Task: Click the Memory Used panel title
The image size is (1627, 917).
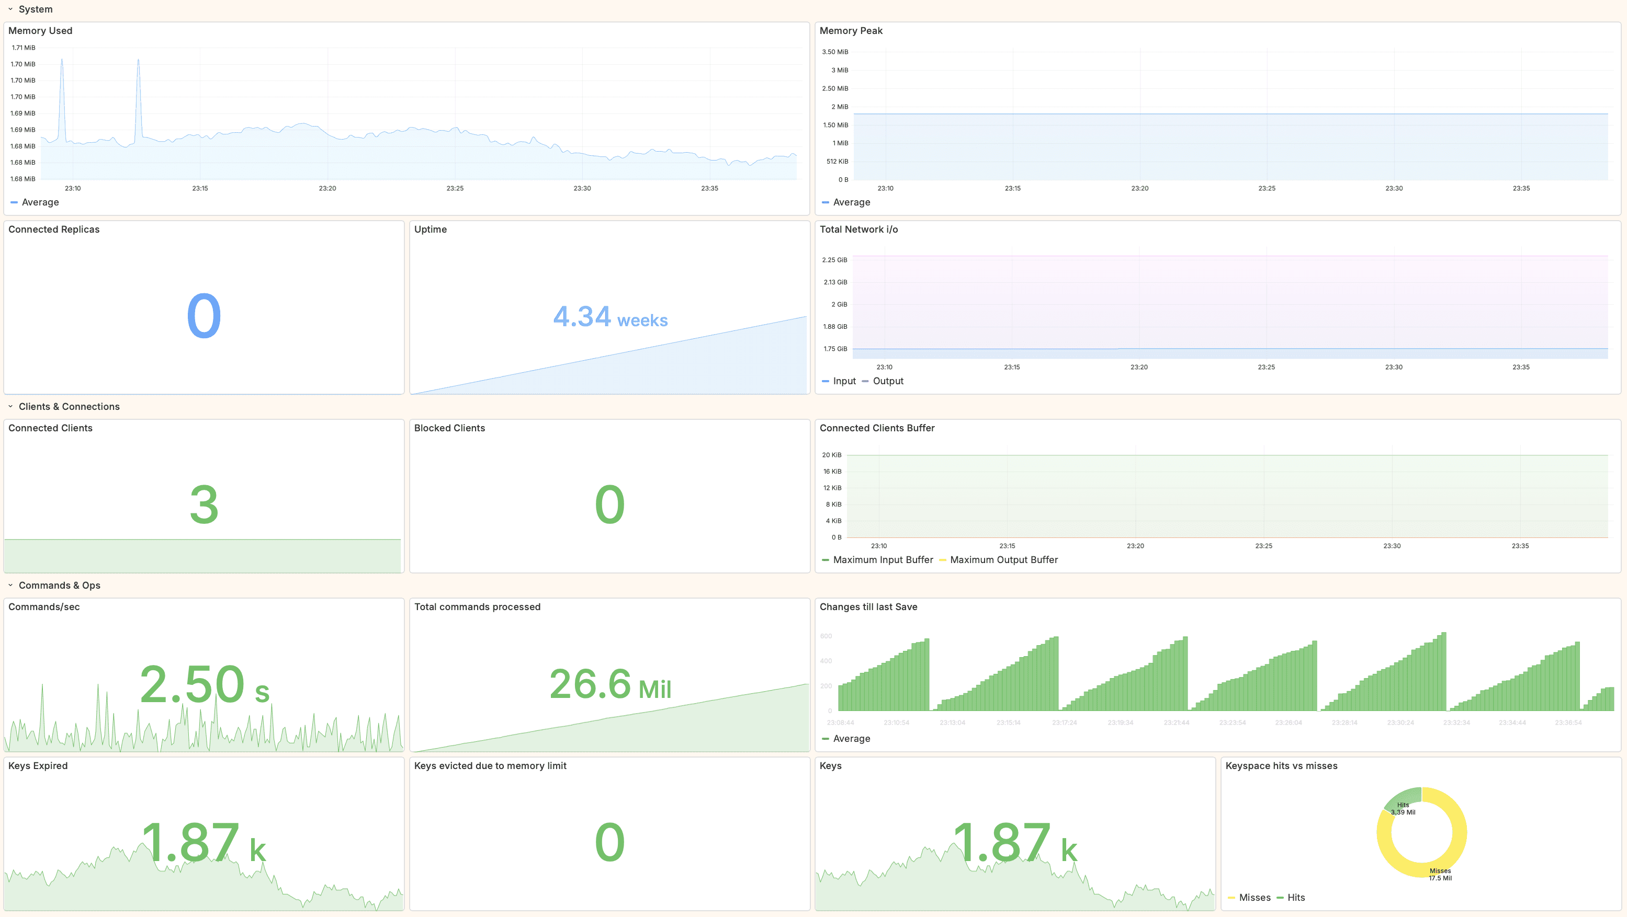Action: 40,30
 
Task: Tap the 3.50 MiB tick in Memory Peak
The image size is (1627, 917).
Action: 834,52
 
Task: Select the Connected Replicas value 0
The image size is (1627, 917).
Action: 204,316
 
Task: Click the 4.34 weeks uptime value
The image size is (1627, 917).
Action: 609,317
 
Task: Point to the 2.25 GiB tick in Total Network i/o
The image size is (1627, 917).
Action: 834,260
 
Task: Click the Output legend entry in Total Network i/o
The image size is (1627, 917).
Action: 887,381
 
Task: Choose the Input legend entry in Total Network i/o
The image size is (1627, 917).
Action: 844,381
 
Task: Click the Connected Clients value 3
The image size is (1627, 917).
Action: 204,505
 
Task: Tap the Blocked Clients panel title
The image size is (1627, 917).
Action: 449,428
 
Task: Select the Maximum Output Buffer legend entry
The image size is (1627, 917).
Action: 1003,560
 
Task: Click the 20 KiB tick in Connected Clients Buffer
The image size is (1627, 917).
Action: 831,455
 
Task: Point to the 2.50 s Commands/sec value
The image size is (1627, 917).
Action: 204,684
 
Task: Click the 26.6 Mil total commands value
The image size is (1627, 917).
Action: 609,684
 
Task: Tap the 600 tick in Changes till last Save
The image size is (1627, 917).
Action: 826,636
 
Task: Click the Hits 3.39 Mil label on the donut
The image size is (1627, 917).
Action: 1403,808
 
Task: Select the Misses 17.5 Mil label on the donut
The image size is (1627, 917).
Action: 1440,874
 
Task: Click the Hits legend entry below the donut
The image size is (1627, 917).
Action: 1295,898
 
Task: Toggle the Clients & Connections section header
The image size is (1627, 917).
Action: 69,406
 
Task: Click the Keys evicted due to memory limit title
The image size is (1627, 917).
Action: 490,765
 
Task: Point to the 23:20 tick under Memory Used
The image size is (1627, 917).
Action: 327,188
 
